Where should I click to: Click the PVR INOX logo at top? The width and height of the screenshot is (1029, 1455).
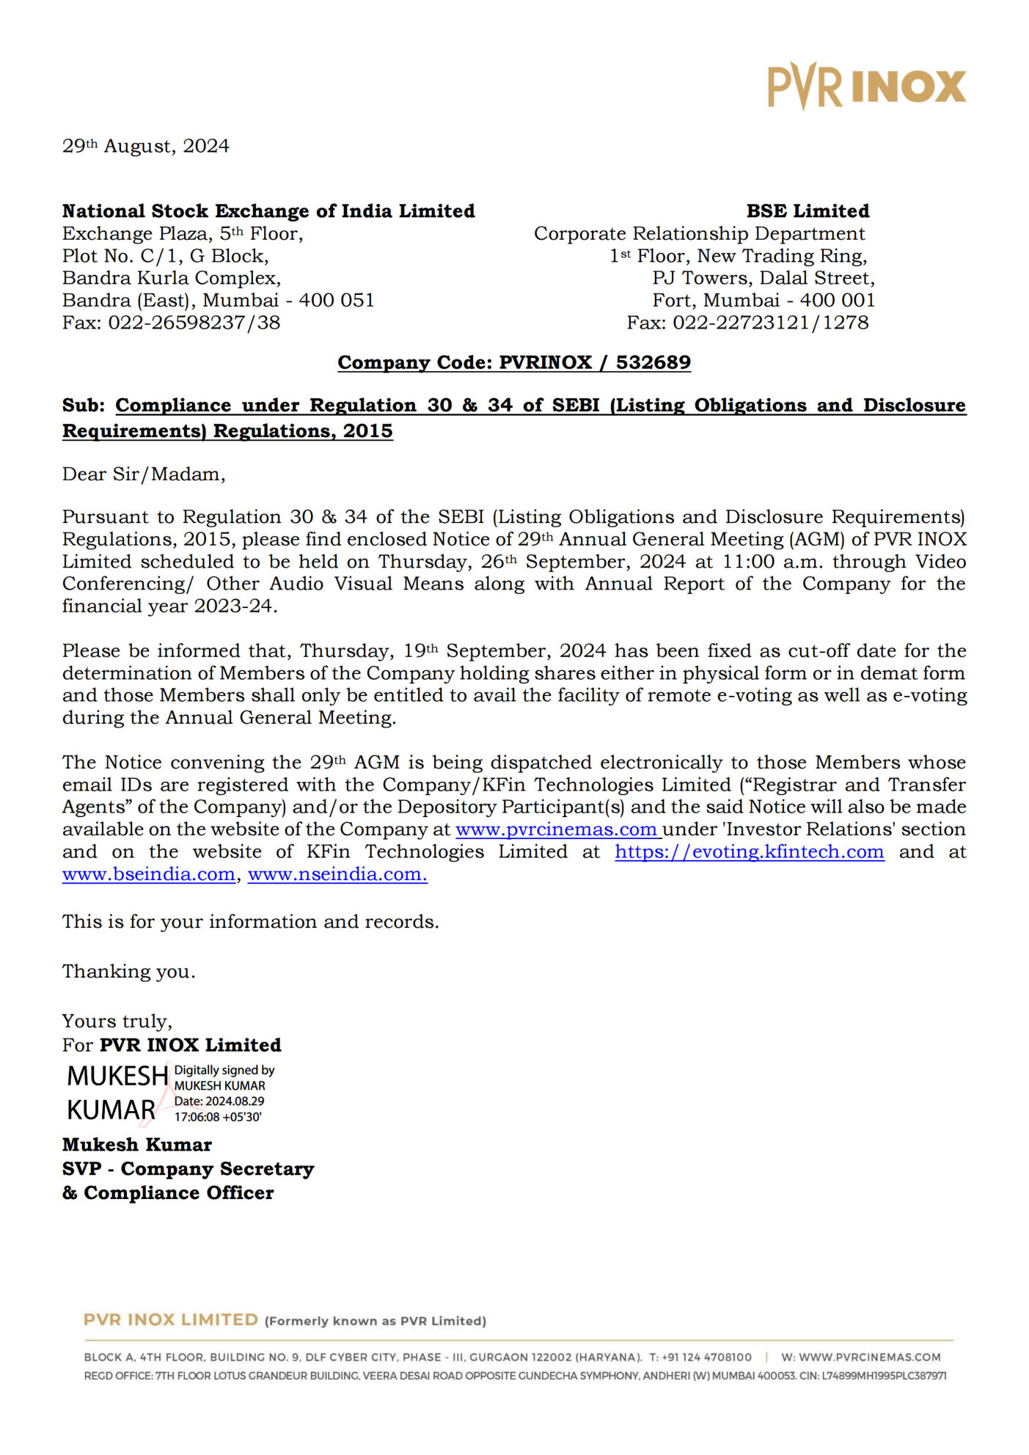click(866, 87)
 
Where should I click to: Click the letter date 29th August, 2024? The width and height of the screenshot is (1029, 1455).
click(145, 146)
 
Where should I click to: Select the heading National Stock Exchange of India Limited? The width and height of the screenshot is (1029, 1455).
click(268, 211)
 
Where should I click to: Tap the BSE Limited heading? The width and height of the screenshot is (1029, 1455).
click(808, 211)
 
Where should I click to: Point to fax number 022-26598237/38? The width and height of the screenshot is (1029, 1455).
click(194, 323)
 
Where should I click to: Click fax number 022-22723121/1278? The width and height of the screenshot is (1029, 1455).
click(771, 323)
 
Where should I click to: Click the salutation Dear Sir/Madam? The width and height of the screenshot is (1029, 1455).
click(144, 474)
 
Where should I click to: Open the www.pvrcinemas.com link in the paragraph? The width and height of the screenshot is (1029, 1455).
click(557, 829)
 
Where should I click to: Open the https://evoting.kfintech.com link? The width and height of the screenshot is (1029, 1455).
click(749, 852)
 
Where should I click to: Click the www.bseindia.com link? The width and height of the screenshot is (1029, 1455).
click(149, 874)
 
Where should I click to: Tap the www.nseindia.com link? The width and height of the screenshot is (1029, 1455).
click(337, 874)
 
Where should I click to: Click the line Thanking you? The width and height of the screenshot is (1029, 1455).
click(128, 972)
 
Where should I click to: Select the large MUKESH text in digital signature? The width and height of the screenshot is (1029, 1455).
click(117, 1076)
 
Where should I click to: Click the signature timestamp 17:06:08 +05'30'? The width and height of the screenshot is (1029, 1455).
click(218, 1117)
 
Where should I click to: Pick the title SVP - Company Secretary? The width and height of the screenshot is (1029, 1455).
click(188, 1169)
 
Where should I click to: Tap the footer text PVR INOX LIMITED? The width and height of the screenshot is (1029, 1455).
click(170, 1320)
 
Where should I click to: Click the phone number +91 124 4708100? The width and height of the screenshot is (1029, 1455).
click(706, 1357)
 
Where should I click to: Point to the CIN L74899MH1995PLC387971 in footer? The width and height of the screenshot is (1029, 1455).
click(884, 1376)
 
